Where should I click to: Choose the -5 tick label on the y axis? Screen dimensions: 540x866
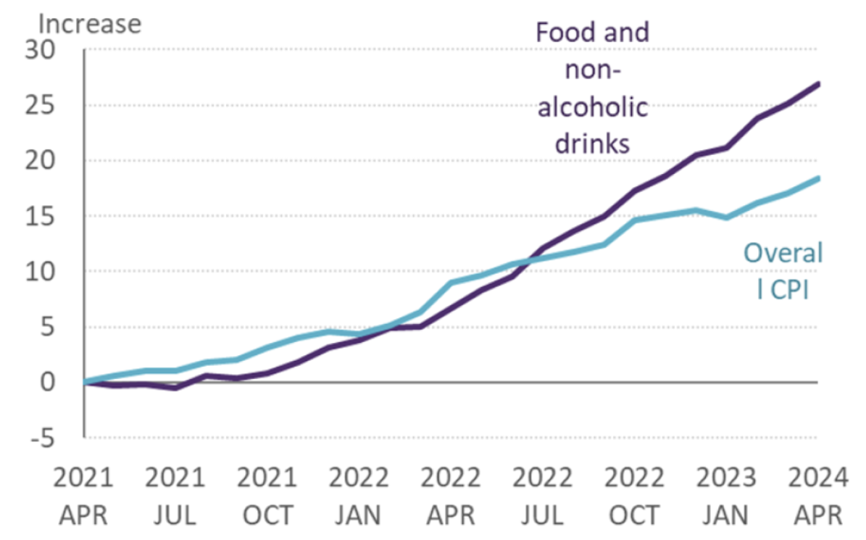pyautogui.click(x=57, y=438)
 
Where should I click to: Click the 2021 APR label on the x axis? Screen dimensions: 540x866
pyautogui.click(x=84, y=497)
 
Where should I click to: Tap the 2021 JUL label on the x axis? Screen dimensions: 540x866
pyautogui.click(x=175, y=497)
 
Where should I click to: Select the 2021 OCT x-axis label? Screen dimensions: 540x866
pyautogui.click(x=267, y=497)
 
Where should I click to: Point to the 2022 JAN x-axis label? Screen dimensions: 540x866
pyautogui.click(x=359, y=497)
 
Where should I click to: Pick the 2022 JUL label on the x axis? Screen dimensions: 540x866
pyautogui.click(x=542, y=497)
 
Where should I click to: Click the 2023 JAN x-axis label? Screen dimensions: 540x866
pyautogui.click(x=725, y=497)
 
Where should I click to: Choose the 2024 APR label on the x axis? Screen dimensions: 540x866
pyautogui.click(x=817, y=497)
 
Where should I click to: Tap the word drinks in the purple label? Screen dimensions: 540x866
pyautogui.click(x=593, y=144)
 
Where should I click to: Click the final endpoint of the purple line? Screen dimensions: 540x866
pyautogui.click(x=818, y=84)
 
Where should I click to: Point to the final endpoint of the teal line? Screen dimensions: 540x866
pyautogui.click(x=818, y=178)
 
